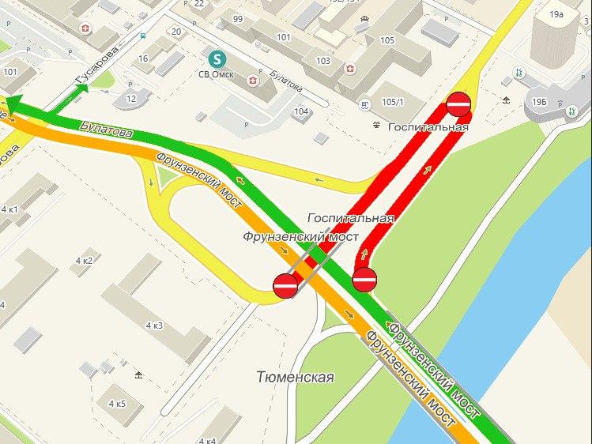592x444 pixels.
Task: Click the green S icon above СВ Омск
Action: [x=215, y=58]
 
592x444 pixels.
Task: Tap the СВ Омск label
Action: [x=216, y=75]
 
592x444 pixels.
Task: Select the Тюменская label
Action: [x=295, y=378]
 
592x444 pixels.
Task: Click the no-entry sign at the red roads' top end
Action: [x=458, y=103]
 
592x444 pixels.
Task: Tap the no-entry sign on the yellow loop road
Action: [x=285, y=286]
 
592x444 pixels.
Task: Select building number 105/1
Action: [x=392, y=103]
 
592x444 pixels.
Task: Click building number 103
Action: [x=322, y=61]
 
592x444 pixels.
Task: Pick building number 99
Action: [x=238, y=19]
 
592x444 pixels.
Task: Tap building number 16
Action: [x=143, y=58]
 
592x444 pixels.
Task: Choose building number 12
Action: [x=131, y=98]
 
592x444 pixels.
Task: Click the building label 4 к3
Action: [x=154, y=325]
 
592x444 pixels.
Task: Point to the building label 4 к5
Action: [x=116, y=404]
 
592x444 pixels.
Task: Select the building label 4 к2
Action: [x=84, y=261]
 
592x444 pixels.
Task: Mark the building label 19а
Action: [x=556, y=14]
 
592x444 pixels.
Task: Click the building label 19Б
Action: [x=539, y=103]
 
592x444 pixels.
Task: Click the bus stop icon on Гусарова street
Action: [x=141, y=35]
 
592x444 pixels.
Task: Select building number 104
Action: [x=300, y=111]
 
